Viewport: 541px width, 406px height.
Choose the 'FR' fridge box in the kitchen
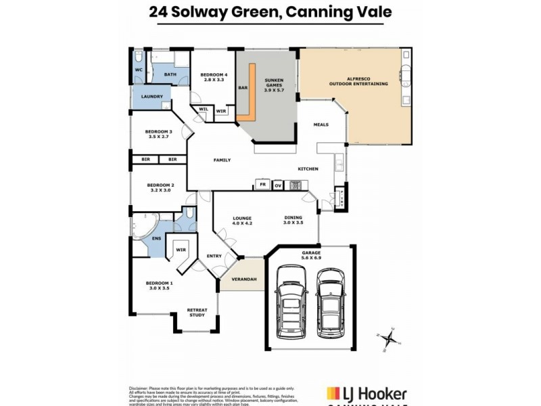[262, 183]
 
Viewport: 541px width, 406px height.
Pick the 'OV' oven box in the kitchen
[277, 183]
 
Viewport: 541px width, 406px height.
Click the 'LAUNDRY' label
[151, 97]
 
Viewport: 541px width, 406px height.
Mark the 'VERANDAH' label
[243, 279]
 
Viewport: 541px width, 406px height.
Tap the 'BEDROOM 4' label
[212, 74]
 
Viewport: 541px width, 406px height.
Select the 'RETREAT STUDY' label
[197, 312]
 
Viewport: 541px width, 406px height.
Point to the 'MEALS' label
[321, 125]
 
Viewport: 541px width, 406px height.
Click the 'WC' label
[137, 70]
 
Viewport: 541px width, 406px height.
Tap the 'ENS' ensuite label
[156, 238]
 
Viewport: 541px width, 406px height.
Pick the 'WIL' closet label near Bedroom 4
[203, 109]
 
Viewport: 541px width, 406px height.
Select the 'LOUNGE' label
[242, 218]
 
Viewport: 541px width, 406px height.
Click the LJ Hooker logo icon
[333, 393]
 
